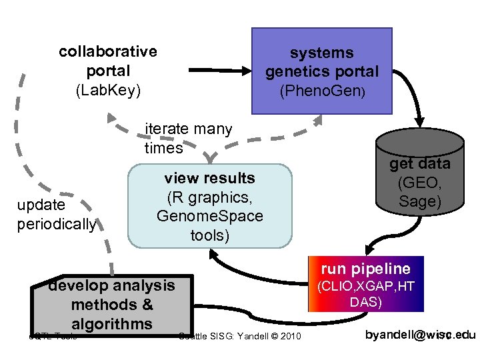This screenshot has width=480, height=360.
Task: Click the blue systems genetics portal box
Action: coord(321,71)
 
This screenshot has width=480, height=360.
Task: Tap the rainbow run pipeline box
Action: coord(365,284)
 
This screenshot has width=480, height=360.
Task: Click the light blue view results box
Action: coord(209,206)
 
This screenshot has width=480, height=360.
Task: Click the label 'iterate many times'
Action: coord(188,138)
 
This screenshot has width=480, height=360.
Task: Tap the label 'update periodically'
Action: coord(57,215)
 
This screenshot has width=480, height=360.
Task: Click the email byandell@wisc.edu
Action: coord(420,335)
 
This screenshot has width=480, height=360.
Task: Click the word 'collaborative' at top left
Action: coord(108,51)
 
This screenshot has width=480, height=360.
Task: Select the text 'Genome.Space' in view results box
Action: coord(209,216)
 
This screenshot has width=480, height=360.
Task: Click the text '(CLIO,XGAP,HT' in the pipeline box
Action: coord(365,287)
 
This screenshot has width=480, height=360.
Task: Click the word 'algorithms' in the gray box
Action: coord(112,324)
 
